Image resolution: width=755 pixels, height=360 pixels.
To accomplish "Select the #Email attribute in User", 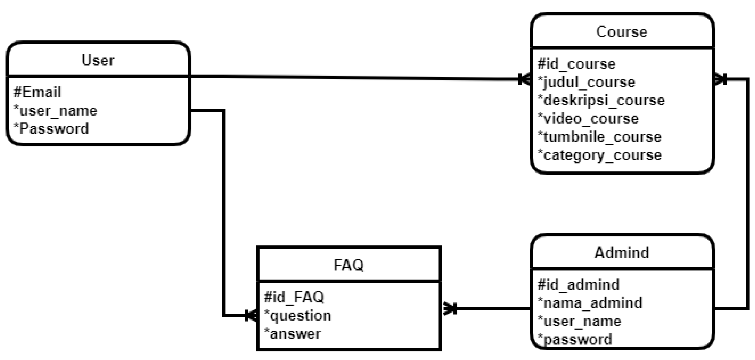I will click(37, 92).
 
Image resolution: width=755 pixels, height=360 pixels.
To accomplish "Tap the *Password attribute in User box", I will click(51, 129).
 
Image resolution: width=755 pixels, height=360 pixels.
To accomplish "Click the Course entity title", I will click(622, 32).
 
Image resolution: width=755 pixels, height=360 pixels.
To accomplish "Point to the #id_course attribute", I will click(576, 64).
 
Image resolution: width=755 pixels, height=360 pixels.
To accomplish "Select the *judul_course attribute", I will click(586, 82).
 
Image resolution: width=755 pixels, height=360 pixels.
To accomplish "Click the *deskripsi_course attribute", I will click(601, 100).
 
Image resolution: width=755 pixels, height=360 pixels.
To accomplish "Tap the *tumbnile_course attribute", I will click(599, 137).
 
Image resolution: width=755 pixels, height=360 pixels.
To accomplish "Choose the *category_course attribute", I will click(599, 155).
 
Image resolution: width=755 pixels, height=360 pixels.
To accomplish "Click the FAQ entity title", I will click(348, 265).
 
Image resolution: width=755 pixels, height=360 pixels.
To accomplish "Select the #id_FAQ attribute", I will click(294, 297).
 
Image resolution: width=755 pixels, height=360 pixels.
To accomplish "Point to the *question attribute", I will click(298, 315).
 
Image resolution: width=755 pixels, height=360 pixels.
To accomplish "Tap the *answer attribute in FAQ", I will click(293, 334).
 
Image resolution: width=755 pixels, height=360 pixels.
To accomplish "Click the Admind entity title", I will click(622, 253).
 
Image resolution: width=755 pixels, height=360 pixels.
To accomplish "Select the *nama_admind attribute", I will click(590, 303).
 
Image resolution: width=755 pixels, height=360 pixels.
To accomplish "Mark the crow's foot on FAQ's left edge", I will click(251, 315).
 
